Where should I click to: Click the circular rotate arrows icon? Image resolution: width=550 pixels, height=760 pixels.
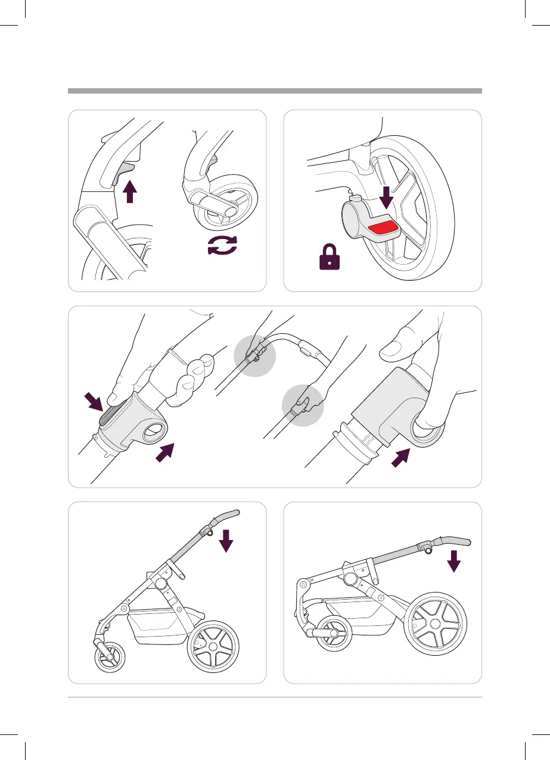click(222, 246)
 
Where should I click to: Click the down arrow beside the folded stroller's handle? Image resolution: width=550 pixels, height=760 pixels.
click(455, 560)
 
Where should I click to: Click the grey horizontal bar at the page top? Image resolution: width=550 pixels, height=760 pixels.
click(275, 91)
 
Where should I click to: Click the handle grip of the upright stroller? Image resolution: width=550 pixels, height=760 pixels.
click(226, 514)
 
